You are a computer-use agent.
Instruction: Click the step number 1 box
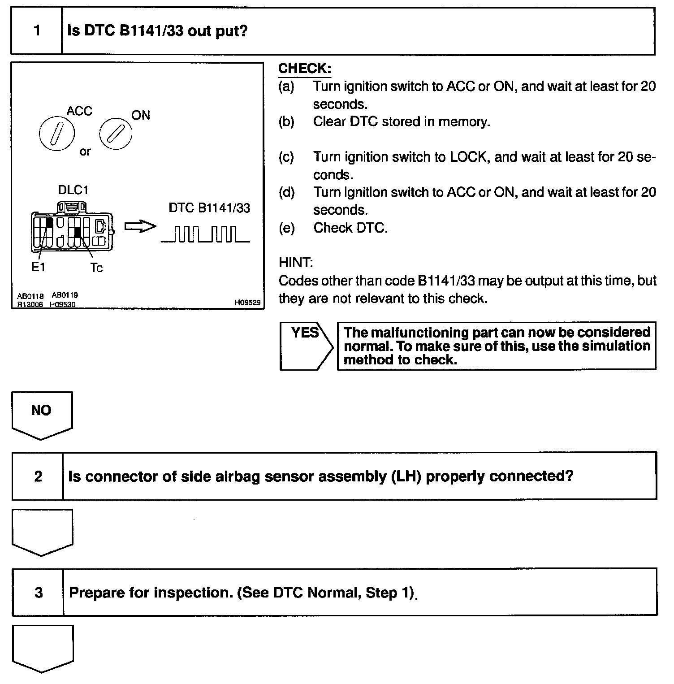37,31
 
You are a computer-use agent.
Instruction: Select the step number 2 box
38,476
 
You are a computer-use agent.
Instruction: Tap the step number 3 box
38,593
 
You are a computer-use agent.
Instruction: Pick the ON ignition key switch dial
116,134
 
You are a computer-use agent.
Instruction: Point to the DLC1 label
73,190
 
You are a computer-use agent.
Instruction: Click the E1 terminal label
38,267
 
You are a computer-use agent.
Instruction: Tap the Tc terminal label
96,268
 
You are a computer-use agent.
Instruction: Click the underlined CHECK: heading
305,69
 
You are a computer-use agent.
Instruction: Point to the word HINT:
296,262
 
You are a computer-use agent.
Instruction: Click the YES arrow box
306,346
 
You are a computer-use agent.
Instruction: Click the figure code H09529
247,303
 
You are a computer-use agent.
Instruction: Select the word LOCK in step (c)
468,157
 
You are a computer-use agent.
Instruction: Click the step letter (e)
287,228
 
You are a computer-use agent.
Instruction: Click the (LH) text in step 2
406,476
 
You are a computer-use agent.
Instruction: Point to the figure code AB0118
30,296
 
